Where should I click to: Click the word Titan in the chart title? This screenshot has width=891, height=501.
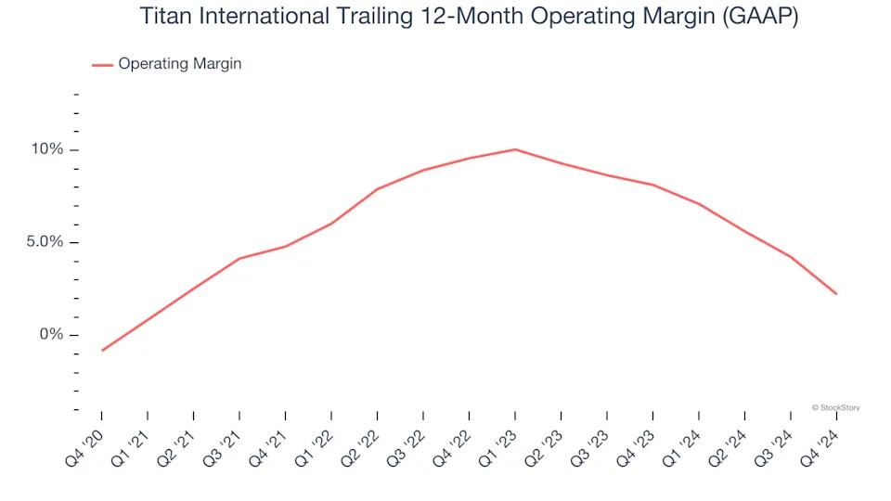click(x=166, y=17)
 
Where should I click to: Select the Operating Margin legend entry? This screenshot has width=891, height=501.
click(x=179, y=64)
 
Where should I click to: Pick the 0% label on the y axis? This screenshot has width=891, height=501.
click(x=53, y=334)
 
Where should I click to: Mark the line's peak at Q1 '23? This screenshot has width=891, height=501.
click(x=515, y=149)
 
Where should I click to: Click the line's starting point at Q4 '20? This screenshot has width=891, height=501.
click(x=101, y=351)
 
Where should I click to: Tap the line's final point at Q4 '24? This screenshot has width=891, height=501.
click(x=836, y=294)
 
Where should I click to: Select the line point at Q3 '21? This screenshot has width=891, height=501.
click(x=239, y=259)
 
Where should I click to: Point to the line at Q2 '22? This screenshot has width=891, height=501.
click(x=377, y=189)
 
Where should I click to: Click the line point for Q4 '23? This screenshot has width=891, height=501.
click(x=652, y=185)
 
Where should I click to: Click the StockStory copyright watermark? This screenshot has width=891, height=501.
click(x=835, y=406)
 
